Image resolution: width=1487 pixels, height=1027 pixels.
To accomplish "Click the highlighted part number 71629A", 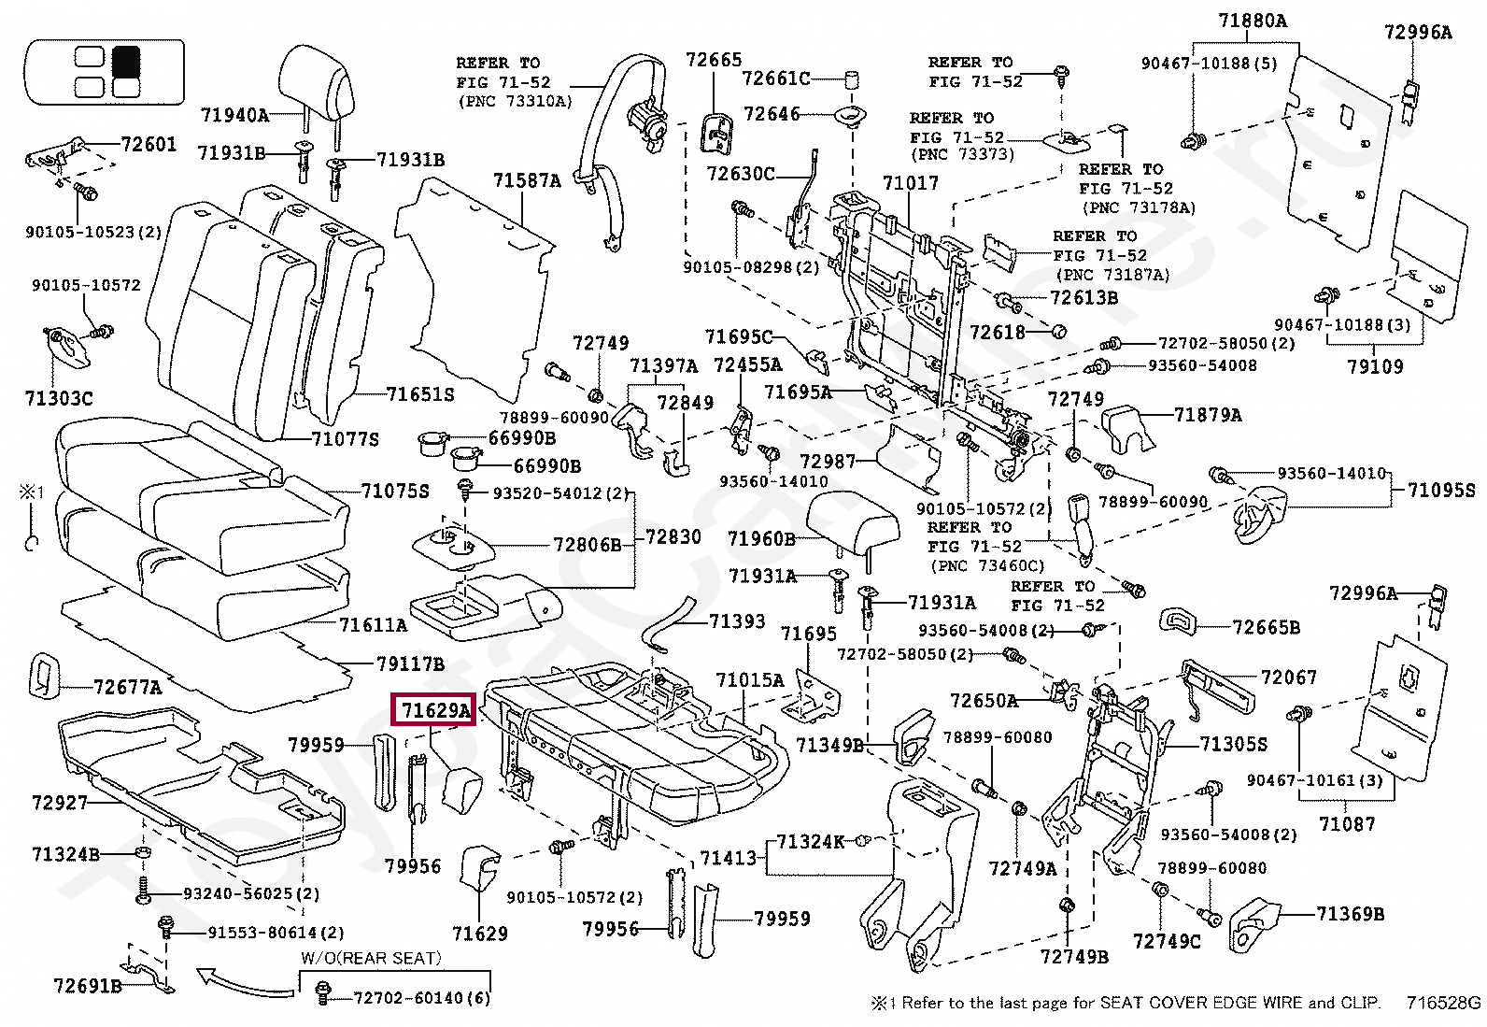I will pyautogui.click(x=433, y=711).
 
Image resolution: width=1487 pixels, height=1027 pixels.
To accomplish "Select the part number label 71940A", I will pyautogui.click(x=234, y=115).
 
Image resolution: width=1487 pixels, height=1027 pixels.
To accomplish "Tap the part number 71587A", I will pyautogui.click(x=527, y=180).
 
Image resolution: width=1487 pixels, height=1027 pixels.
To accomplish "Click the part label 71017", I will pyautogui.click(x=910, y=183).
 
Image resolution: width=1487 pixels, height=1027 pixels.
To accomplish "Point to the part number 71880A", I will pyautogui.click(x=1253, y=20).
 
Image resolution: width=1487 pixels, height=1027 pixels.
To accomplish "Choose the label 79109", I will pyautogui.click(x=1374, y=366).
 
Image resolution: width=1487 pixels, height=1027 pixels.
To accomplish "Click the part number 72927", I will pyautogui.click(x=59, y=802).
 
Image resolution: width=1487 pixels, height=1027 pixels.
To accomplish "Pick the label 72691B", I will pyautogui.click(x=88, y=985).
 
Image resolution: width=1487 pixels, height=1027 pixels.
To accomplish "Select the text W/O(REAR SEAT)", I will pyautogui.click(x=371, y=958).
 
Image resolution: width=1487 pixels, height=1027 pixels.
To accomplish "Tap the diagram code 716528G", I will pyautogui.click(x=1444, y=1004).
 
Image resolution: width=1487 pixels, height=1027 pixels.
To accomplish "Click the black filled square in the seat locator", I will pyautogui.click(x=126, y=62).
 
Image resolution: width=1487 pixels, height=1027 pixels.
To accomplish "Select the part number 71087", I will pyautogui.click(x=1347, y=823).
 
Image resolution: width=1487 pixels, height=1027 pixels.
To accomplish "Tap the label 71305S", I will pyautogui.click(x=1234, y=744).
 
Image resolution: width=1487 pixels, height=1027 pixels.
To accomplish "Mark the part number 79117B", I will pyautogui.click(x=410, y=663).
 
